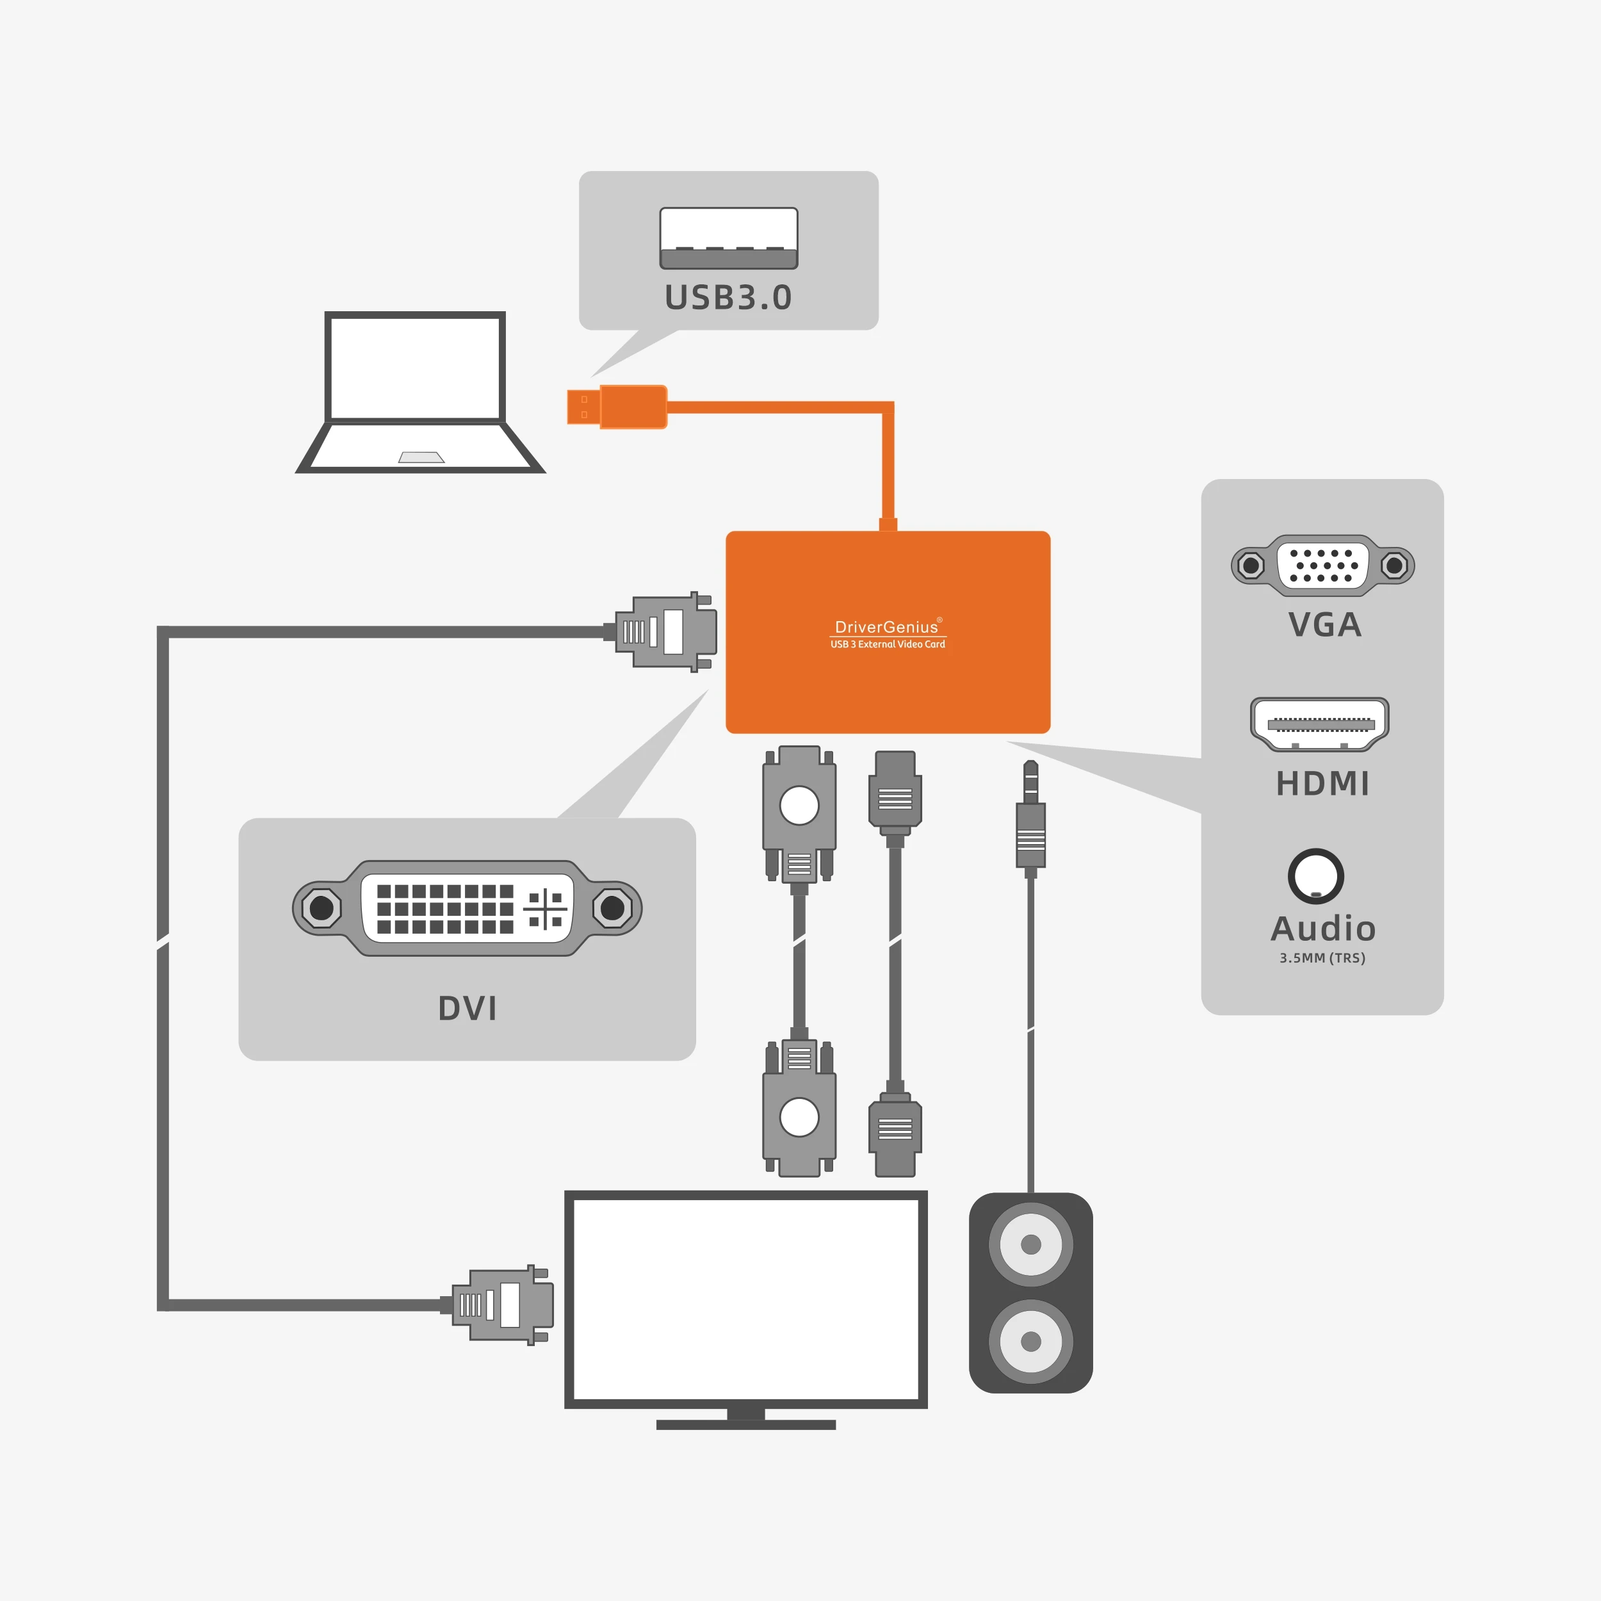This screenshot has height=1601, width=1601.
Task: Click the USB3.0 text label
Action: click(727, 298)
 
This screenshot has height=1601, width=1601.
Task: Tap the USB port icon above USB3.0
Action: click(728, 238)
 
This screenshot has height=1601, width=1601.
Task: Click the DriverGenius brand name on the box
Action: click(886, 628)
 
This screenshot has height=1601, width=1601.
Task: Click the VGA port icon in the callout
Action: click(1322, 565)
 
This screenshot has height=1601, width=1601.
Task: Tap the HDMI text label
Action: click(1322, 784)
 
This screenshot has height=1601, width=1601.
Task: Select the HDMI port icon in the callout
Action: click(1319, 724)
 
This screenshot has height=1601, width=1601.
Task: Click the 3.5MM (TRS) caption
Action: click(1322, 958)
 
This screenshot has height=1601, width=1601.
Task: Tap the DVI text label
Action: click(467, 1009)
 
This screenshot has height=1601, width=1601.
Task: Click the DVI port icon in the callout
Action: click(467, 908)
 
